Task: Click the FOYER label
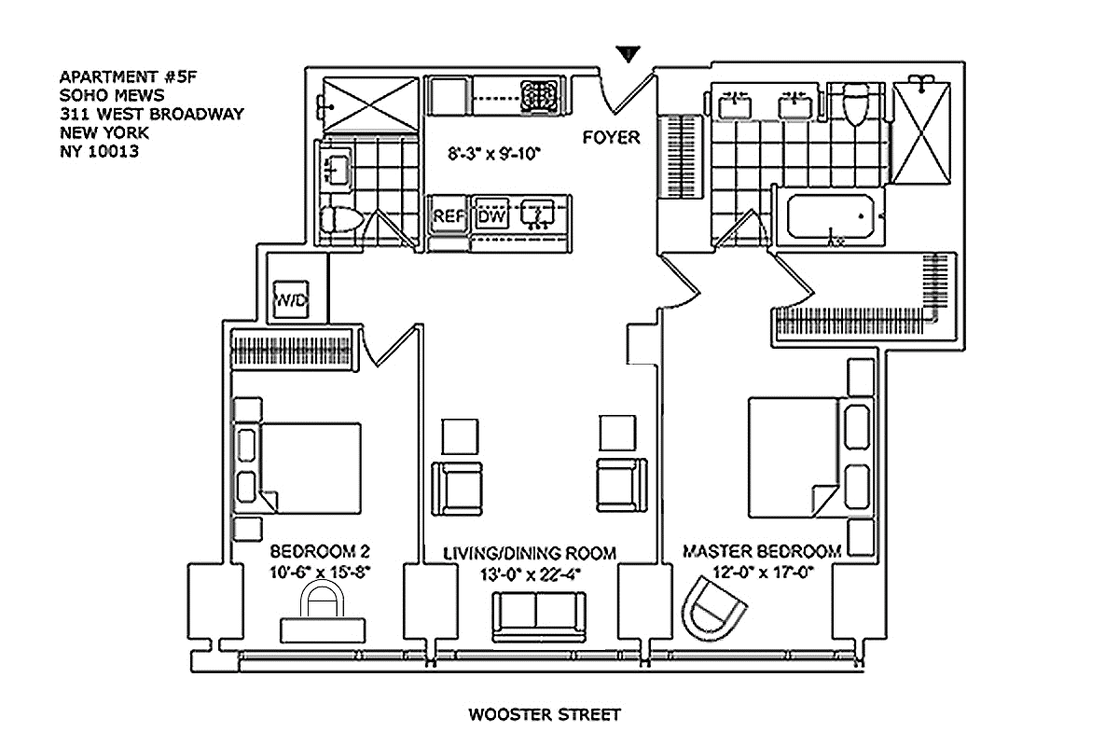click(611, 137)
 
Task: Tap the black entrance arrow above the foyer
click(628, 54)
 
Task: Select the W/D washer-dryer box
click(291, 298)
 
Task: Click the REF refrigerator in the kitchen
click(449, 215)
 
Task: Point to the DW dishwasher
click(491, 215)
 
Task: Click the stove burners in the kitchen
click(539, 95)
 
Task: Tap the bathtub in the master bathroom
click(830, 216)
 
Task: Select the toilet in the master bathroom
click(855, 104)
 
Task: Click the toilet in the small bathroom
click(341, 219)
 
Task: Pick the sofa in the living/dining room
click(539, 616)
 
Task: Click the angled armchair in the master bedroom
click(713, 608)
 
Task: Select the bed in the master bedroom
click(810, 457)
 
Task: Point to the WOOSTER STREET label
click(545, 714)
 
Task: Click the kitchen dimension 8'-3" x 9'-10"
click(493, 154)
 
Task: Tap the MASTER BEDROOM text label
click(762, 551)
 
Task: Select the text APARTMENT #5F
click(129, 77)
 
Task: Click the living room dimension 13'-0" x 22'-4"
click(530, 574)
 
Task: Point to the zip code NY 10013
click(99, 151)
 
